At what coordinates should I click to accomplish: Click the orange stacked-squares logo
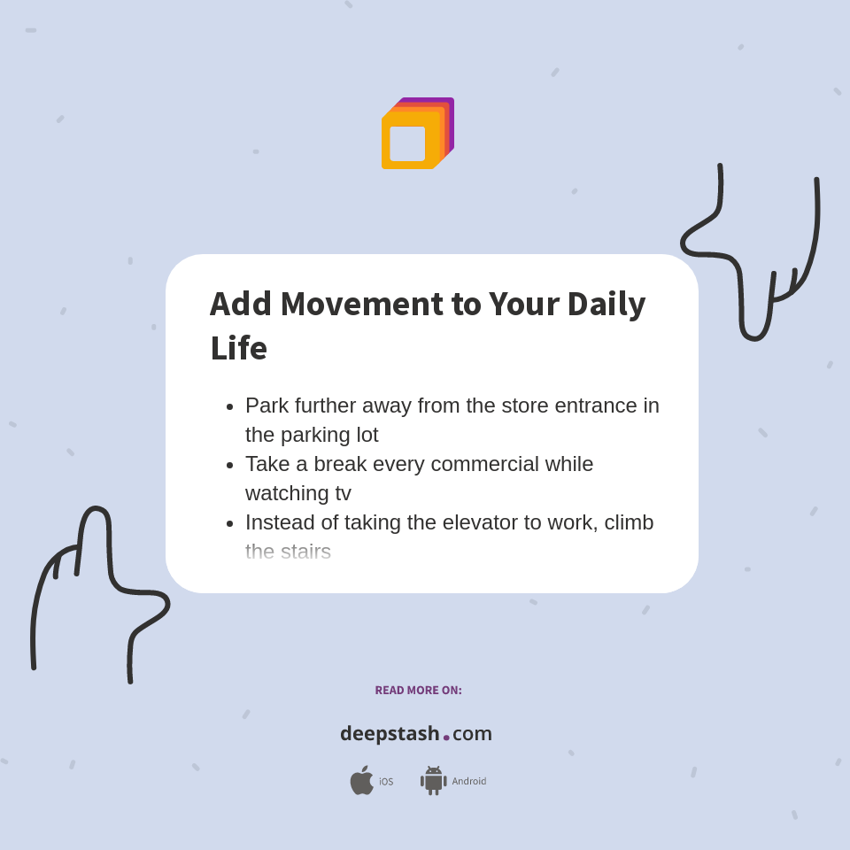417,134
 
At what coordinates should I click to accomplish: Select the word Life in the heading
238,348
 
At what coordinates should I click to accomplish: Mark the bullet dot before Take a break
230,465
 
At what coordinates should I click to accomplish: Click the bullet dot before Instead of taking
230,523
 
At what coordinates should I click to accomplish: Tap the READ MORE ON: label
418,691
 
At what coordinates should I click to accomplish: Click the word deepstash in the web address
390,733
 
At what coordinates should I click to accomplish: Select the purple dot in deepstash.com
446,738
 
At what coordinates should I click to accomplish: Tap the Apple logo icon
361,781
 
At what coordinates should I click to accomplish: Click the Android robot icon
433,781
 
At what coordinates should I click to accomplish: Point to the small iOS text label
386,782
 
